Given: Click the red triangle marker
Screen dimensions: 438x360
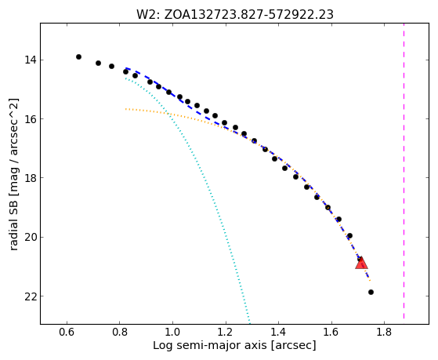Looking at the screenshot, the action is pos(361,264).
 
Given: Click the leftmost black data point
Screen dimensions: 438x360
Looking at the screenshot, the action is pos(79,56).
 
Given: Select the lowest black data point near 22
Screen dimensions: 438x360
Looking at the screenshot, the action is pos(371,293).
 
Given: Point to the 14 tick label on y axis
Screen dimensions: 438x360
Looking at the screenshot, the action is pos(31,60).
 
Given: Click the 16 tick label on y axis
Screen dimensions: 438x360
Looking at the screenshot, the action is pos(31,119).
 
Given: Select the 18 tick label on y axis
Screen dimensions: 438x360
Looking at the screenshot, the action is pos(31,178).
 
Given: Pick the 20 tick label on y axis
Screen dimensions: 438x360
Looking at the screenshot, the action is pos(31,237).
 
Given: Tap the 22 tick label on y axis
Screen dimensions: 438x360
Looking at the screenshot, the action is pos(31,296).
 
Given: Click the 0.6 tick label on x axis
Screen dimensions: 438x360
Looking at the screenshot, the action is pos(67,333).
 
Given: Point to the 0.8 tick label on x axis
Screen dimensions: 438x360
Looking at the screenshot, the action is pos(120,333).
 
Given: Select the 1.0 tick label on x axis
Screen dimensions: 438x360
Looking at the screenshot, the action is pos(172,333).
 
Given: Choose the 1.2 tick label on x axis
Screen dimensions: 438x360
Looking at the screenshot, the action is pos(226,333).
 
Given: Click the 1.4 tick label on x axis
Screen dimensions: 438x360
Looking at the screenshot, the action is pos(278,333).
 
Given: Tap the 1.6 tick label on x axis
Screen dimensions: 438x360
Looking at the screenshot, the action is pos(331,333).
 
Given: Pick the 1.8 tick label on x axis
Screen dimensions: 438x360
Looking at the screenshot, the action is pos(385,333).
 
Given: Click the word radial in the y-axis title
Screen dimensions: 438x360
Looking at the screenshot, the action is pos(13,235).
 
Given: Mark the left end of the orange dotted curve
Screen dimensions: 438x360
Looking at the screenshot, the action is pos(126,109).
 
